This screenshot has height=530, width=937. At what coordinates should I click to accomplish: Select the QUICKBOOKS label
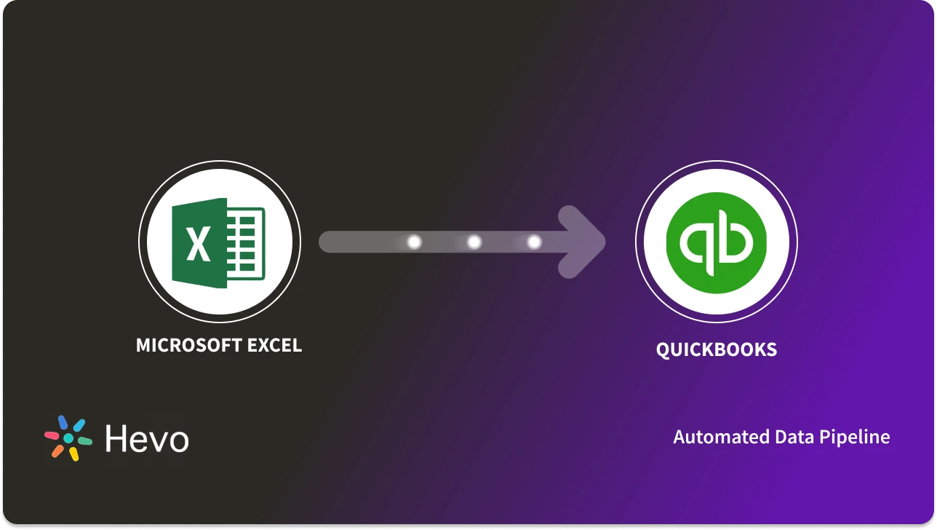click(716, 349)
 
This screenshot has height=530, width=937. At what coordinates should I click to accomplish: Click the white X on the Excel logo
click(198, 243)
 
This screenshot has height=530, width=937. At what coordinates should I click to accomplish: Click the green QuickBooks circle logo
click(716, 242)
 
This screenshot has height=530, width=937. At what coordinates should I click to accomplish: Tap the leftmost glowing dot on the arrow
click(414, 242)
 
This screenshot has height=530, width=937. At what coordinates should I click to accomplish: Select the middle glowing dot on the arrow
click(474, 242)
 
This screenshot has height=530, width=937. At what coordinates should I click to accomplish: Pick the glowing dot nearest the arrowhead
click(533, 242)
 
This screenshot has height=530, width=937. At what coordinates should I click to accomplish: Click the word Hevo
click(147, 439)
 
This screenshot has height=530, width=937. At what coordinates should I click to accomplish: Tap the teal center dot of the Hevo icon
click(68, 439)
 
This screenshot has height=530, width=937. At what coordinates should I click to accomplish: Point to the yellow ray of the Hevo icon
click(73, 454)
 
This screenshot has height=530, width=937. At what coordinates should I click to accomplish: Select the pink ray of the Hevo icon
click(52, 435)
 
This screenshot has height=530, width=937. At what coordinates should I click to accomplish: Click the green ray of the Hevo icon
click(84, 441)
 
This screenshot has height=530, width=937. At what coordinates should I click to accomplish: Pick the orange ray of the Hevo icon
click(57, 451)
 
